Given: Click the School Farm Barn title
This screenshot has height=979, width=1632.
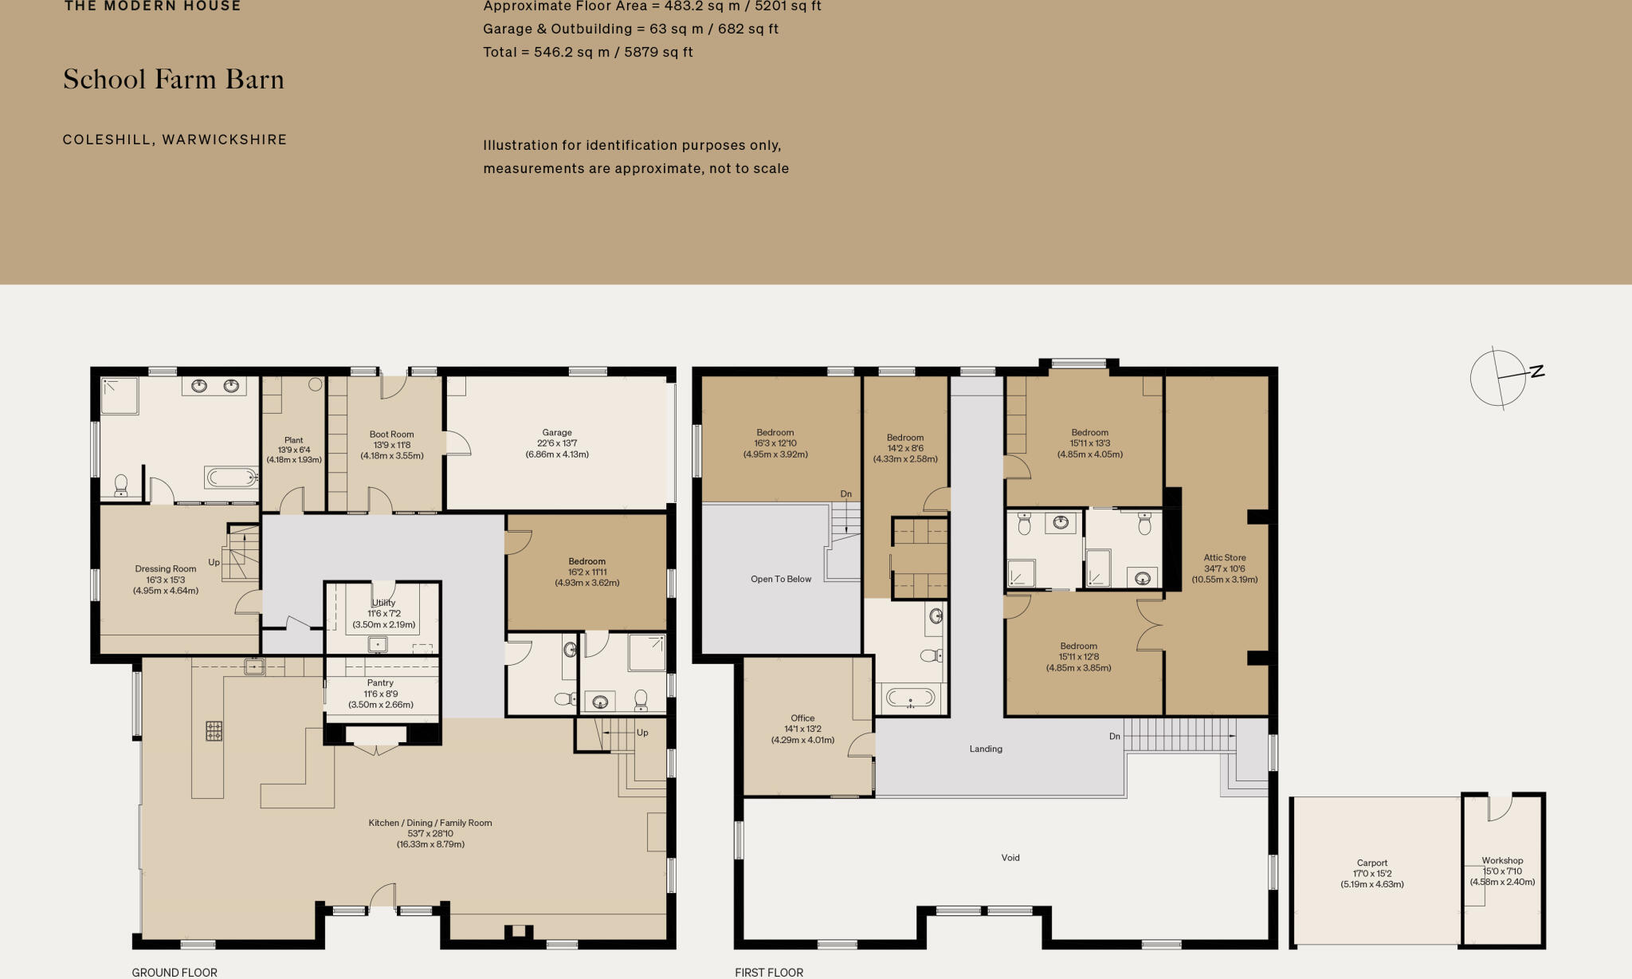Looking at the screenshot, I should tap(174, 80).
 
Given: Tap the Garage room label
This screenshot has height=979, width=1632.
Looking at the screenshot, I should tap(557, 443).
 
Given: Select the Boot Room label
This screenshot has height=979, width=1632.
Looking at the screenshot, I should tap(391, 445).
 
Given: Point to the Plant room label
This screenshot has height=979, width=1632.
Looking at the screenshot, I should tap(293, 450).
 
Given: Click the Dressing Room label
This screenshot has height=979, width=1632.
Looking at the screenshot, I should tap(166, 580).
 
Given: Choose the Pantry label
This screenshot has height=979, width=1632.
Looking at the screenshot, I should tap(380, 694).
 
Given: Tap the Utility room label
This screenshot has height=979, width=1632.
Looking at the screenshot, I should tap(383, 613).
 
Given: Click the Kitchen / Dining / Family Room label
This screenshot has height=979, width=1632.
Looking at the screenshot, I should tap(430, 833).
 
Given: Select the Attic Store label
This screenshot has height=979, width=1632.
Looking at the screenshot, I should tap(1224, 568).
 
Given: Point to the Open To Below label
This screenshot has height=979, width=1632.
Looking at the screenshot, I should tap(780, 580).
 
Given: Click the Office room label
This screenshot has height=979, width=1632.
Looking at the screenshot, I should tap(802, 729).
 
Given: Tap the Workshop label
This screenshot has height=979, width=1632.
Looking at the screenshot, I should tap(1502, 871).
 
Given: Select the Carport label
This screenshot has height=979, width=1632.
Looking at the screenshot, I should tap(1371, 873).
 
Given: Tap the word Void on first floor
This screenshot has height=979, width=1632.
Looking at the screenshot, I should tap(1010, 858).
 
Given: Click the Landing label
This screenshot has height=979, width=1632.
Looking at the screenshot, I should tap(986, 749).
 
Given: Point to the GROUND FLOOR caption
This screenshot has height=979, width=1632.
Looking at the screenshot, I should tap(175, 972).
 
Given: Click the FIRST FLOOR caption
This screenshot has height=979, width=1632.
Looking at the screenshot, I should tap(769, 972).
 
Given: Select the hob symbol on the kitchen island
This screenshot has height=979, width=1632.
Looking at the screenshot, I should tap(214, 730).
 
